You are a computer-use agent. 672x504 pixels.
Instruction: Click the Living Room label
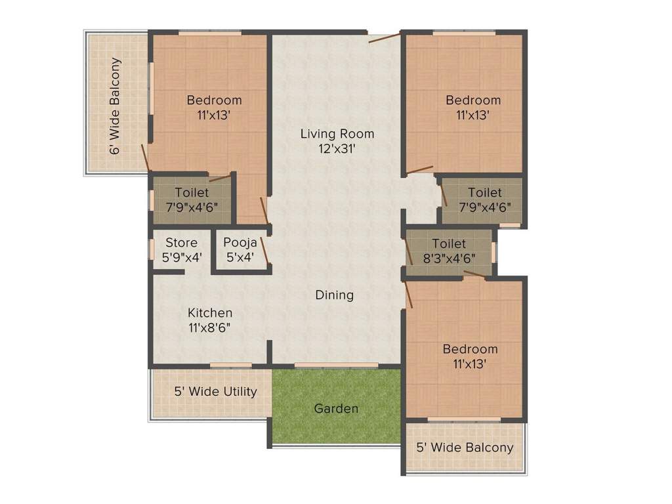click(337, 134)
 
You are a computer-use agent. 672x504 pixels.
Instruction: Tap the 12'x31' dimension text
click(337, 149)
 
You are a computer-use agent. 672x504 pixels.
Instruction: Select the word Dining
click(335, 295)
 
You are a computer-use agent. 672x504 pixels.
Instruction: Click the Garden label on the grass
click(337, 409)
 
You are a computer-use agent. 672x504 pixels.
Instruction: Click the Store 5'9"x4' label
click(181, 250)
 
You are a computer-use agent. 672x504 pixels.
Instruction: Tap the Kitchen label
click(210, 313)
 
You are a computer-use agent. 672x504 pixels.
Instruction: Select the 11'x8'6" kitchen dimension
click(210, 327)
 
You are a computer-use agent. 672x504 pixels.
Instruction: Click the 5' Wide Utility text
click(215, 392)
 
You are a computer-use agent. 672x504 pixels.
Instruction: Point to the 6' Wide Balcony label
click(115, 106)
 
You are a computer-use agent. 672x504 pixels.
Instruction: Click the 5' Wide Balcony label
click(465, 448)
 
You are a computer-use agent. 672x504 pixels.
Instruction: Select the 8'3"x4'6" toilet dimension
click(450, 258)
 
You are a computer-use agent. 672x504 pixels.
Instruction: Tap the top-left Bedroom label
click(214, 100)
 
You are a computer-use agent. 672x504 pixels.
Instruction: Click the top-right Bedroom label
click(473, 100)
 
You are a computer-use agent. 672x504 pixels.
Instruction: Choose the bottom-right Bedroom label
click(469, 349)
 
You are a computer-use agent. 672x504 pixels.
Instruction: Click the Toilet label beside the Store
click(192, 193)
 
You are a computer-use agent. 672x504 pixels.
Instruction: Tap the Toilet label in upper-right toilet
click(484, 193)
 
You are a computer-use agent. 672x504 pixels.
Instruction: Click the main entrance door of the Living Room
click(384, 37)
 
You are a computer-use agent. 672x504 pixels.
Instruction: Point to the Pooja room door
click(264, 251)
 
